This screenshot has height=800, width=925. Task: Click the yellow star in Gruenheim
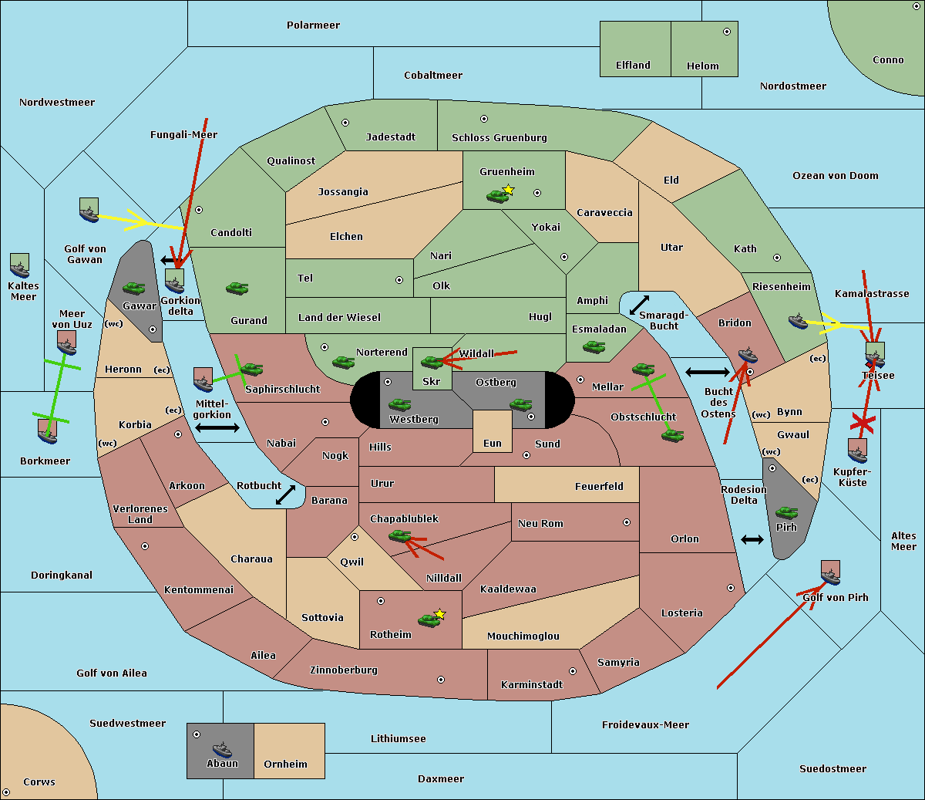(509, 190)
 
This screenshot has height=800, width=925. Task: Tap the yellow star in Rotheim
(440, 613)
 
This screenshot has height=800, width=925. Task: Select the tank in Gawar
(134, 288)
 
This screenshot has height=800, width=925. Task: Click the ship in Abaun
(222, 749)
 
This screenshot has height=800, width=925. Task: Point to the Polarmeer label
(313, 25)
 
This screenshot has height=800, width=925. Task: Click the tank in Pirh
(786, 512)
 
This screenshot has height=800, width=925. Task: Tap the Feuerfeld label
(599, 486)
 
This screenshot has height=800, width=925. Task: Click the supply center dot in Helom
(727, 32)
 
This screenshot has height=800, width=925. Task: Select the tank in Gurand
(237, 288)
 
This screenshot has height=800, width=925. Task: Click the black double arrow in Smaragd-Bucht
(639, 305)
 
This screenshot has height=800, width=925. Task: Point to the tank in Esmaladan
(594, 346)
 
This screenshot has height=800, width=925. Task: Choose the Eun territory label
(493, 443)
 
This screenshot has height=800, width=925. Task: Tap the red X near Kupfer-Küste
(863, 423)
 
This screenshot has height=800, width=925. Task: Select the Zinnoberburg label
(344, 670)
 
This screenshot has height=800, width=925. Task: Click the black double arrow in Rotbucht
(285, 495)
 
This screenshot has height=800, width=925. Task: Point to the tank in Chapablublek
(399, 535)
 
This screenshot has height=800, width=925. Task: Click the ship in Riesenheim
(798, 321)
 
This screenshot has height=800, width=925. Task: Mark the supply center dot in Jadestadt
(345, 123)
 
